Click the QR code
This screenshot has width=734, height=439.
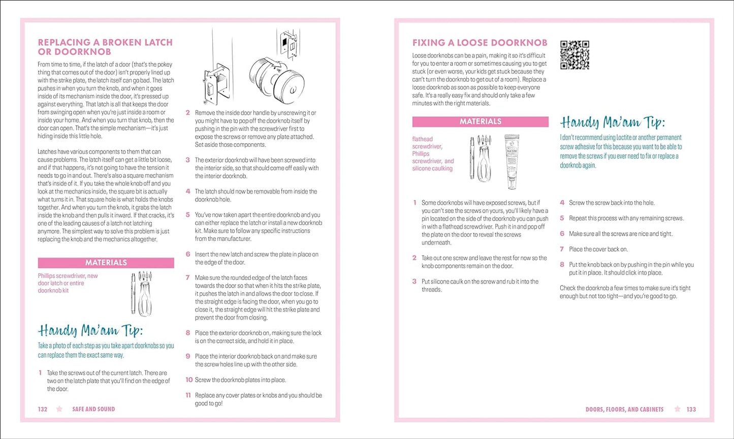tap(575, 55)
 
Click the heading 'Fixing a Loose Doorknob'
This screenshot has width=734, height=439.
tap(480, 43)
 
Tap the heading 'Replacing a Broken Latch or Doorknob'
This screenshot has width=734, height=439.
tap(105, 47)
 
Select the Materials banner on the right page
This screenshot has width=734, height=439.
tap(480, 121)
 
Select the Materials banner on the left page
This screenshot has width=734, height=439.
tap(106, 263)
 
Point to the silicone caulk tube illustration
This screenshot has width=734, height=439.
tap(511, 161)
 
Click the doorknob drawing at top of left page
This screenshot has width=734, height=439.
tap(277, 76)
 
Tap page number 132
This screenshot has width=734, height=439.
tap(43, 409)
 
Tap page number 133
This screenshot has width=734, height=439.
tap(691, 409)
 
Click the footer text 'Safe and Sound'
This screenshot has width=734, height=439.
tap(93, 409)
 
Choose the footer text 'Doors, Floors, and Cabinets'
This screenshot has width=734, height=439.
tap(624, 409)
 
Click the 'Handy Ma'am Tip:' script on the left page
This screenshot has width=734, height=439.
tap(90, 331)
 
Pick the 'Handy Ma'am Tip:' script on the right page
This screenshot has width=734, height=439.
tap(612, 122)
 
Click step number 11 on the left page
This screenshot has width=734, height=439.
tap(188, 395)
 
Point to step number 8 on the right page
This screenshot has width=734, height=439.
tap(562, 265)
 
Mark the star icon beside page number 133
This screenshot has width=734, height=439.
tap(677, 409)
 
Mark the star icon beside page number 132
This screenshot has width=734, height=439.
tap(59, 409)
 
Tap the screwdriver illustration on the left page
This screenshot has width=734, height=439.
tap(142, 294)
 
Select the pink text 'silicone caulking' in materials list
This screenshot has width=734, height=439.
tap(432, 169)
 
